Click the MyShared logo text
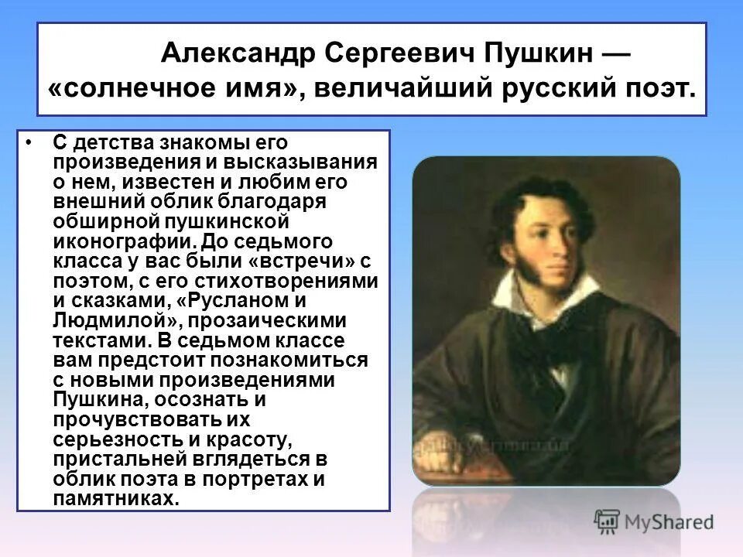[670, 521]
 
